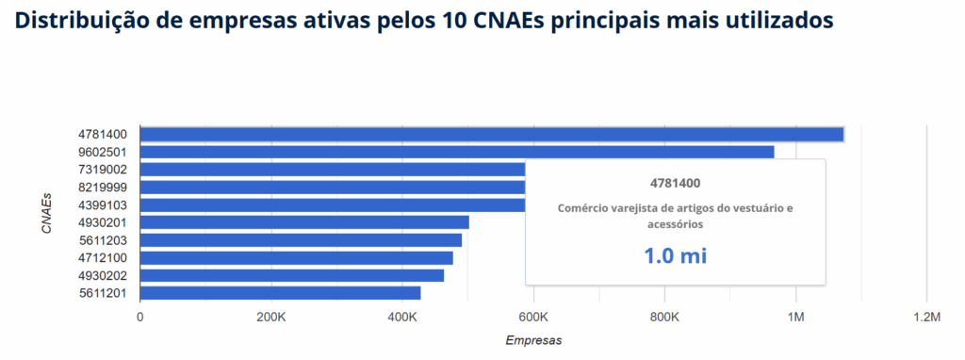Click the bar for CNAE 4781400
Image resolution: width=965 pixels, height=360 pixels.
point(491,134)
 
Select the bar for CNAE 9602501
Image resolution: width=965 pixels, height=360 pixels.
point(457,152)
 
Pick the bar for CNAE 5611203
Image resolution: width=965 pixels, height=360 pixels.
point(301,239)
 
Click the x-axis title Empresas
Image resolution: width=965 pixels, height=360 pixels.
point(533,339)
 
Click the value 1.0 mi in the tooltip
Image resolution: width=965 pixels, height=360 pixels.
point(675,254)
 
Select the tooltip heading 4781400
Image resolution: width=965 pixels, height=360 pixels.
point(675,183)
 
